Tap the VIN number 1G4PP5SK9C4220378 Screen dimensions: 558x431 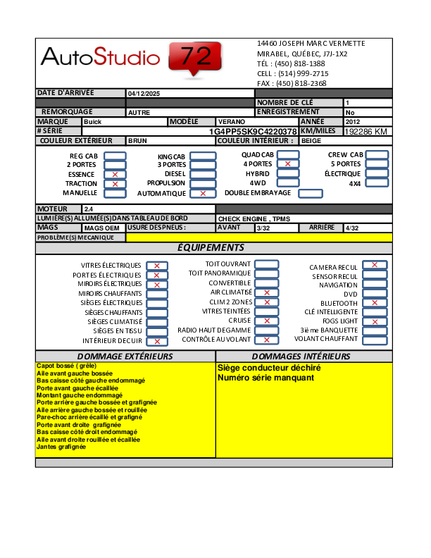(253, 132)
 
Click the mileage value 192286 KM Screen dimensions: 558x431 (366, 132)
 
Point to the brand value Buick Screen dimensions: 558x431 (92, 122)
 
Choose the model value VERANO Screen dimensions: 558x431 (232, 122)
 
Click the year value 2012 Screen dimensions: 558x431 (353, 122)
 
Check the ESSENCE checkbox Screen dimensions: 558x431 (115, 174)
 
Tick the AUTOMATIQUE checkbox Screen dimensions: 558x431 (203, 193)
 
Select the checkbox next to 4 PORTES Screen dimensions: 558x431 (287, 164)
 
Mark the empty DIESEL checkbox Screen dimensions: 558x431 (203, 174)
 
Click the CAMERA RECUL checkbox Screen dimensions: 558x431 (375, 266)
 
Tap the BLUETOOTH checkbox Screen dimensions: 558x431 (375, 303)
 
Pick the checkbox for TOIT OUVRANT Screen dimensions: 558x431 (266, 264)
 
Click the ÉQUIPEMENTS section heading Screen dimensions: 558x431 (211, 248)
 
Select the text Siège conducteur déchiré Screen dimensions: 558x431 (269, 368)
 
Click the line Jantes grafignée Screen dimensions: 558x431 (61, 447)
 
